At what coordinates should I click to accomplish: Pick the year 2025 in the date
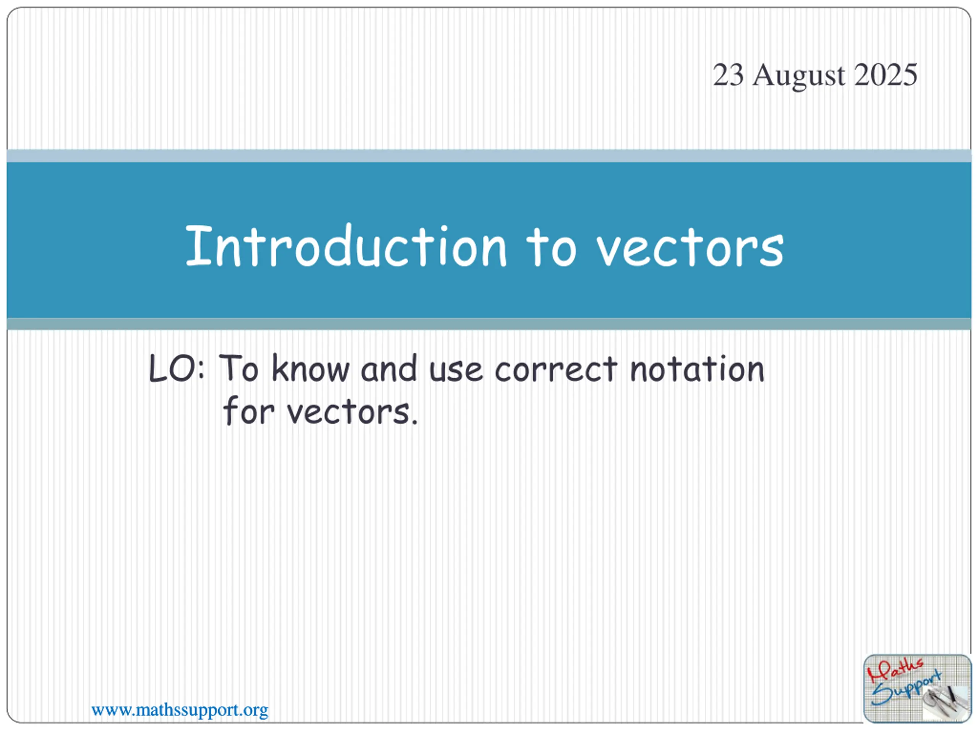pos(886,75)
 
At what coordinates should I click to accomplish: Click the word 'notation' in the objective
pos(697,368)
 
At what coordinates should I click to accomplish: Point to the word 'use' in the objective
pos(456,370)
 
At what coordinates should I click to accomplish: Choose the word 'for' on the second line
pos(248,410)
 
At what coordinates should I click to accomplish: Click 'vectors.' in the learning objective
pos(352,412)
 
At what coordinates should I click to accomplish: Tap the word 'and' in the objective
pos(389,368)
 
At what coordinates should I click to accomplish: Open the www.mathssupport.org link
pos(180,710)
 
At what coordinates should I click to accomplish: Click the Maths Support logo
pos(917,688)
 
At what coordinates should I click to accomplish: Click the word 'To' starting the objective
pos(238,368)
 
